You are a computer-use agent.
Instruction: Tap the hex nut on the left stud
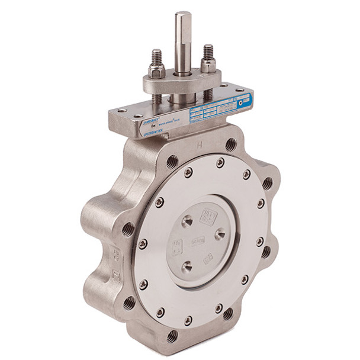[x=156, y=71]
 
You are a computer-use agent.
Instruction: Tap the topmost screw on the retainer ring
[x=220, y=162]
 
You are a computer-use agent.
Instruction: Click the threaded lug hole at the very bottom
[x=172, y=336]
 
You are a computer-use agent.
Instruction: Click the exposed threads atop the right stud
[x=208, y=52]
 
